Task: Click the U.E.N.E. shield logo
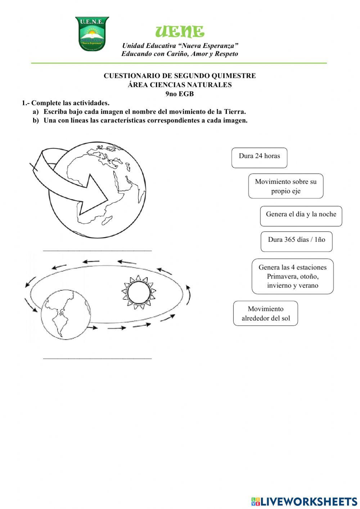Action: [x=92, y=34]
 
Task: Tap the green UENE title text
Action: [x=180, y=32]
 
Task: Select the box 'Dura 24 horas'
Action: [x=259, y=157]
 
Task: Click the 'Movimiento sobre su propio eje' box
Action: [x=285, y=186]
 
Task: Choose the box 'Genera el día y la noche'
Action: [x=301, y=216]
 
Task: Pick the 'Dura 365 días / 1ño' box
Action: [x=296, y=241]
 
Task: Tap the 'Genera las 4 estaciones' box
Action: [x=292, y=276]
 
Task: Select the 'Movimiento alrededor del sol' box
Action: [x=265, y=313]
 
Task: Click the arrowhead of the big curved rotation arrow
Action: [x=94, y=196]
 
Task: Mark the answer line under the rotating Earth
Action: [x=97, y=249]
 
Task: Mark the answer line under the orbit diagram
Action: [x=97, y=358]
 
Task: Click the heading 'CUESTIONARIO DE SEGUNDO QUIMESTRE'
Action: [x=180, y=76]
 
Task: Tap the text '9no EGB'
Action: [x=180, y=94]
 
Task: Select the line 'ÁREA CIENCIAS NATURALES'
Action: [x=180, y=85]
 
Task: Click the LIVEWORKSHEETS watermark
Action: [x=304, y=501]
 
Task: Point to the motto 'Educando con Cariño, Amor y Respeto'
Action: [x=180, y=54]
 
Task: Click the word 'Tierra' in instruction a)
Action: [x=234, y=112]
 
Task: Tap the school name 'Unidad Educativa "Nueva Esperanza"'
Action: [x=180, y=46]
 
